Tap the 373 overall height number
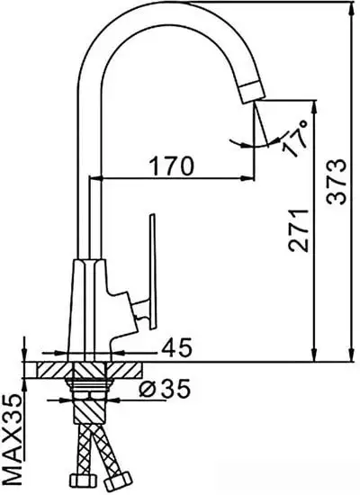tap(337, 184)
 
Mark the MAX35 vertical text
tap(13, 436)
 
